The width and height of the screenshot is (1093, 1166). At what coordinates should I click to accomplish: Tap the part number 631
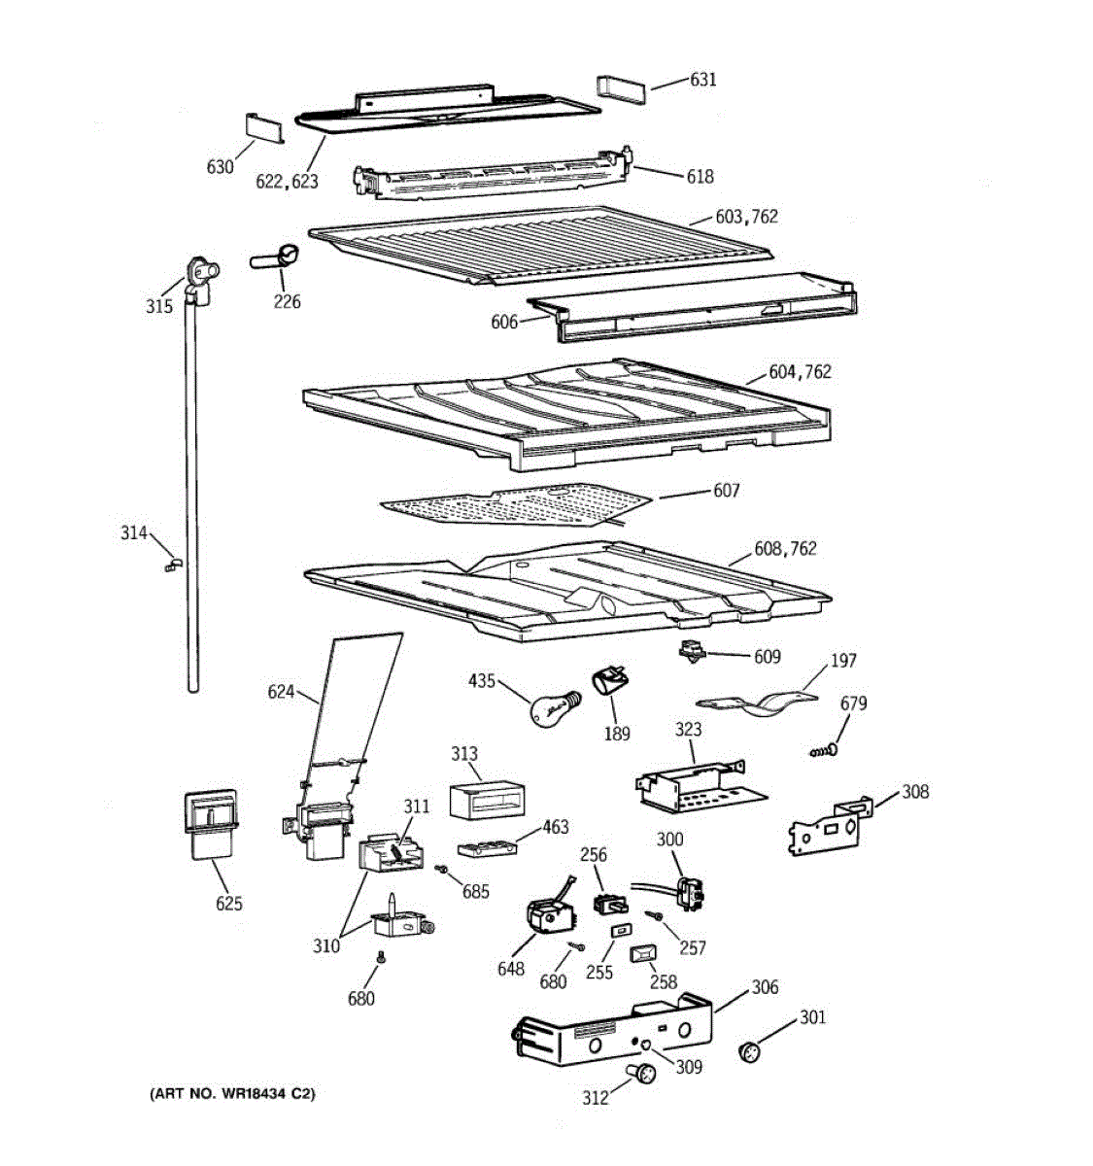tap(702, 79)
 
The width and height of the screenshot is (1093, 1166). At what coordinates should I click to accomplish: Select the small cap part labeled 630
tap(261, 126)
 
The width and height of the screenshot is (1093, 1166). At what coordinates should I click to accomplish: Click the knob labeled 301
tap(752, 1051)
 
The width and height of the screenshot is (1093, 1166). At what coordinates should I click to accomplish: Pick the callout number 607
tap(726, 491)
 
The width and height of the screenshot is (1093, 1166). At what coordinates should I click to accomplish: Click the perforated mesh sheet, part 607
tap(515, 506)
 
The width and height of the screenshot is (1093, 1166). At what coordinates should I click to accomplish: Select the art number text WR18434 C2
tap(232, 1094)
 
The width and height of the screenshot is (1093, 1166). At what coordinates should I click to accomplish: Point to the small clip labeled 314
tap(171, 564)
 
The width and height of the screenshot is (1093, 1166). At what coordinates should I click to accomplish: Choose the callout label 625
tap(229, 904)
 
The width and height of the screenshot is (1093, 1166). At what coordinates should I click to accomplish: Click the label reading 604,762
tap(800, 372)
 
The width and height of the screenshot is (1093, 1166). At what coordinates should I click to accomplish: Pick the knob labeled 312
tap(641, 1073)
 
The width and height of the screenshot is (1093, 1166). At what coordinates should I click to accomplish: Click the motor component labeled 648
tap(549, 914)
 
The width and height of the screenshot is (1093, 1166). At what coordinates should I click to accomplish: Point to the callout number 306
tap(765, 987)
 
